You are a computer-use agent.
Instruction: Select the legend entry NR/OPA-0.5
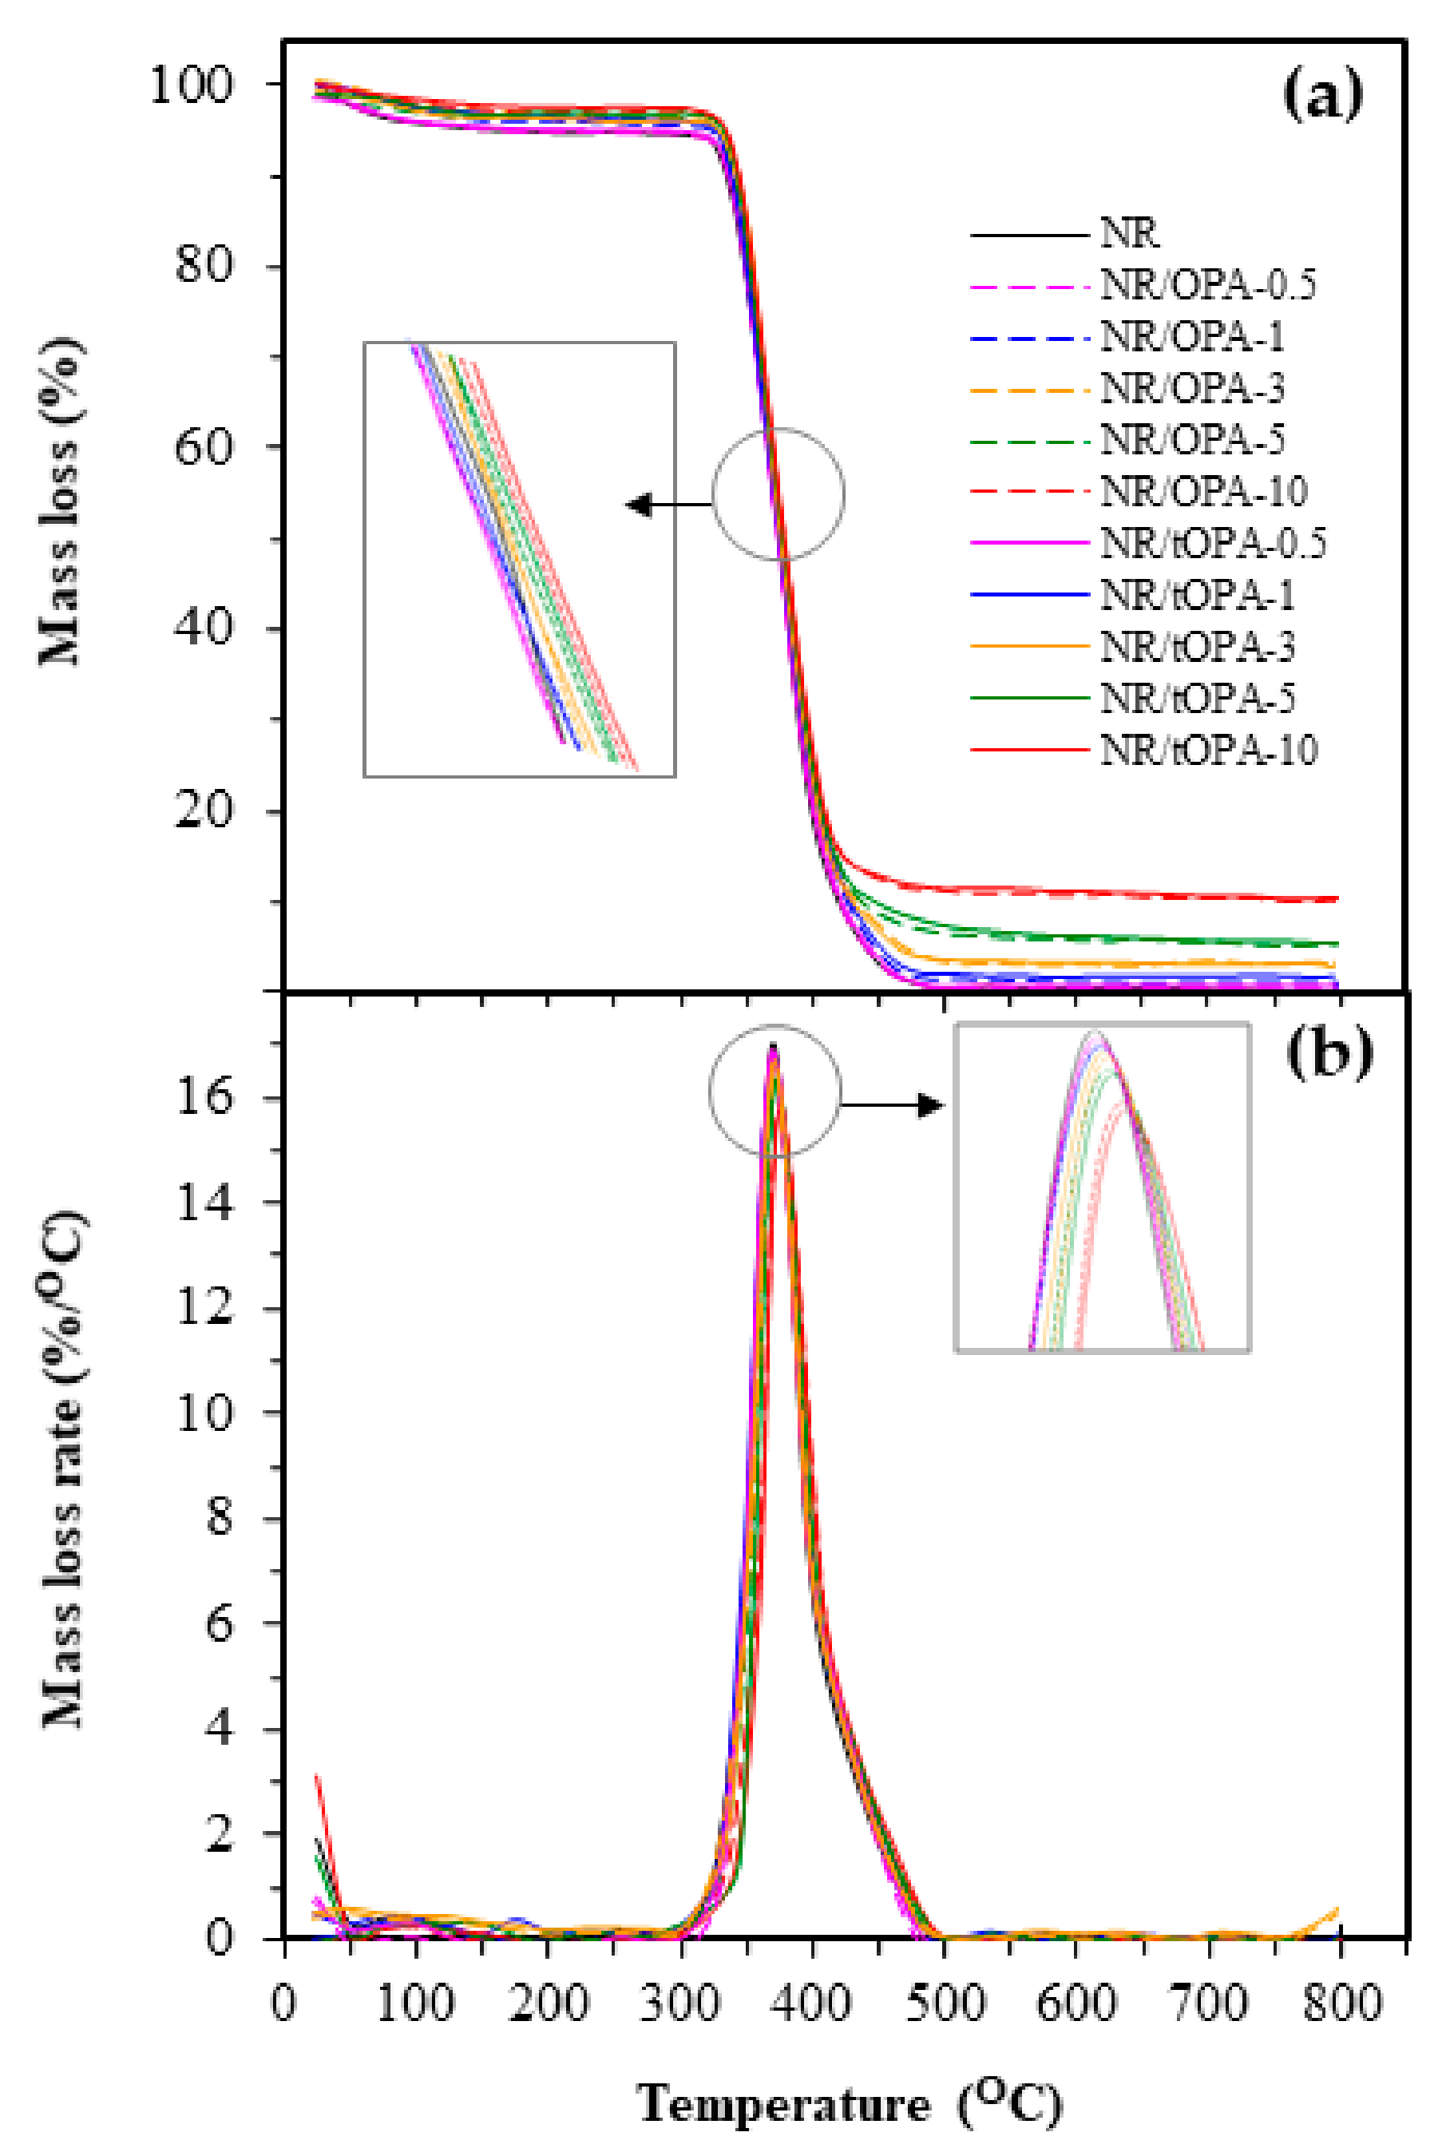tap(1206, 286)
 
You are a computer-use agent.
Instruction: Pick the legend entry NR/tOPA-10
tap(1208, 750)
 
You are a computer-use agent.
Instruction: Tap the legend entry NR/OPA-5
tap(1192, 440)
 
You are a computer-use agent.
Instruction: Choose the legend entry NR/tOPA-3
tap(1197, 646)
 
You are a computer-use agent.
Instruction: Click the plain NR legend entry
tap(1129, 234)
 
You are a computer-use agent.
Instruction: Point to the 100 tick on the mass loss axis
tap(192, 85)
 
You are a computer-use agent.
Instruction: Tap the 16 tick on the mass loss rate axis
tap(205, 1097)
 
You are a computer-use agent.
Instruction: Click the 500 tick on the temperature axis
tap(944, 2004)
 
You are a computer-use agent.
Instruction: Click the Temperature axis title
tap(849, 2105)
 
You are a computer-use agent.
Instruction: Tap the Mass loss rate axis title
tap(63, 1470)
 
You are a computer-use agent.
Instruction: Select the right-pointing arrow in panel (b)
tap(893, 1105)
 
